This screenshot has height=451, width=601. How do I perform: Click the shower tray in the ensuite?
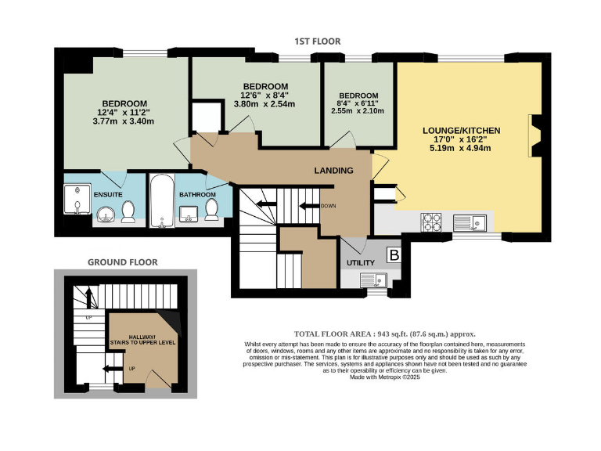pos(76,199)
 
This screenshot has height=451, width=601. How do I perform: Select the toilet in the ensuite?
pos(128,211)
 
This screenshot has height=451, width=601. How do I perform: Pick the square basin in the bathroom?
pos(189,212)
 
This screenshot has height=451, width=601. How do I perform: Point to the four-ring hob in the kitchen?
pos(432,222)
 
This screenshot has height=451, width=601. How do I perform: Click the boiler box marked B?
pos(394,255)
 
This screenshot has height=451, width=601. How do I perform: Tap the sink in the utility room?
pos(371,279)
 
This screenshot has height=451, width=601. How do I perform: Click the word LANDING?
pos(333,171)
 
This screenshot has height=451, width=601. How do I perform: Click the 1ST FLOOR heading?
pos(317,41)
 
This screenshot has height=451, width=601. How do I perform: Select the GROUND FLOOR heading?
pos(122,262)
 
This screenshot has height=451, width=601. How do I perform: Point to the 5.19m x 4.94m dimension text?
pos(461,148)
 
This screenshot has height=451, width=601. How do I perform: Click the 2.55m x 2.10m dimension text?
pos(358,111)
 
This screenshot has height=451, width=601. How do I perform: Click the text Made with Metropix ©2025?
pos(385,377)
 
